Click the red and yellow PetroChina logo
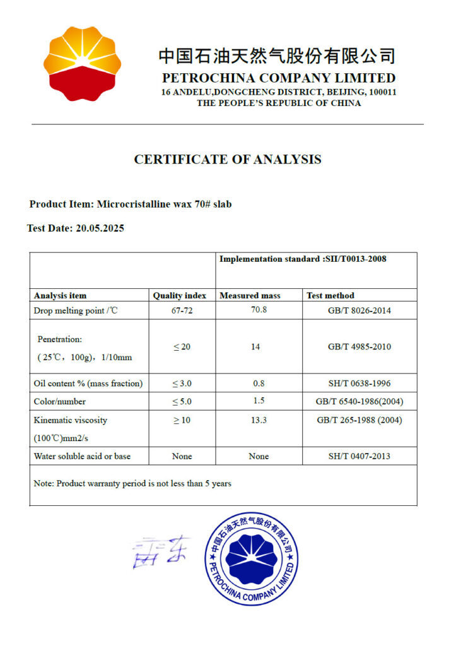[x=81, y=64]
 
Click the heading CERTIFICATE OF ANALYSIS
[x=228, y=160]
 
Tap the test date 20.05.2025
[x=100, y=228]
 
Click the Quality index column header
[x=180, y=295]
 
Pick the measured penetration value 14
[x=255, y=346]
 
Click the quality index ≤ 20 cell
[x=182, y=346]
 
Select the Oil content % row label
[x=88, y=383]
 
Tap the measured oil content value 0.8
[x=259, y=383]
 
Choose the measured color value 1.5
[x=259, y=401]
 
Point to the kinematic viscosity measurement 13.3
[x=259, y=420]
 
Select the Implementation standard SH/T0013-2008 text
[x=303, y=259]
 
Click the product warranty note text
[x=132, y=484]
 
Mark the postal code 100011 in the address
[x=382, y=92]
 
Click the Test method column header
[x=330, y=295]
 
